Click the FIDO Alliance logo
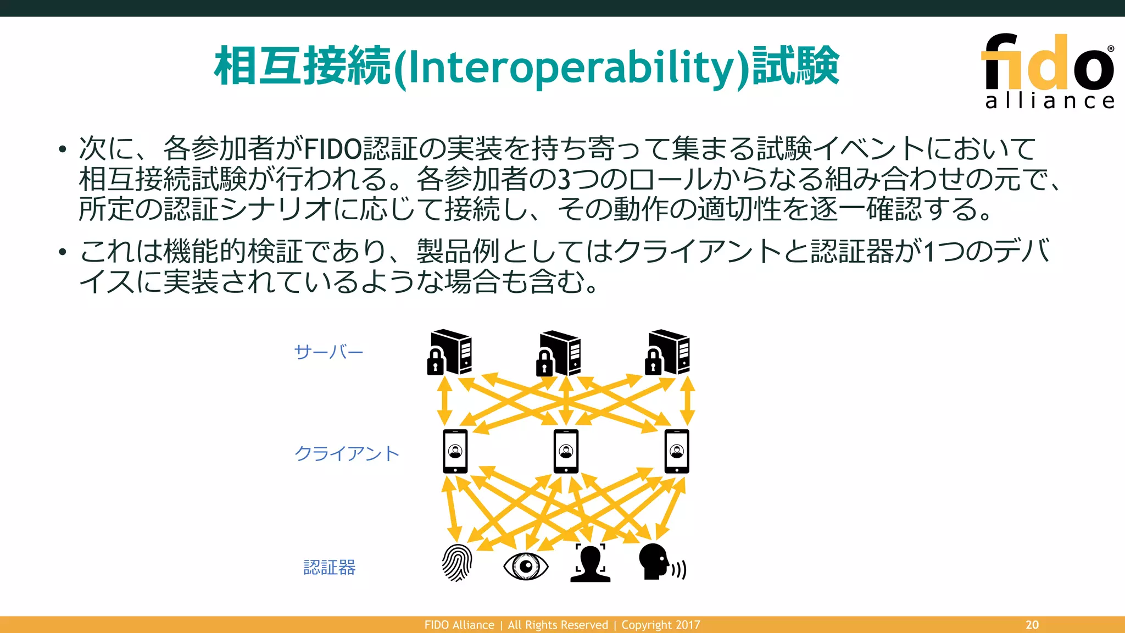tap(1048, 70)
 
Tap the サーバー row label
tap(328, 352)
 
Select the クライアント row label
tap(347, 454)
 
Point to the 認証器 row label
tap(330, 567)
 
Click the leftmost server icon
tap(450, 352)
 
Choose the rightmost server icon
tap(667, 352)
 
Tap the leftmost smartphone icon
tap(455, 452)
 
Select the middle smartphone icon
tap(566, 452)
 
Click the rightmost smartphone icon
tap(677, 452)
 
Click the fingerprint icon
tap(457, 563)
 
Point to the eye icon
tap(526, 566)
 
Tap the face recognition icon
tap(591, 563)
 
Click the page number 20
tap(1032, 625)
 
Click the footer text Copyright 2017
tap(661, 625)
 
